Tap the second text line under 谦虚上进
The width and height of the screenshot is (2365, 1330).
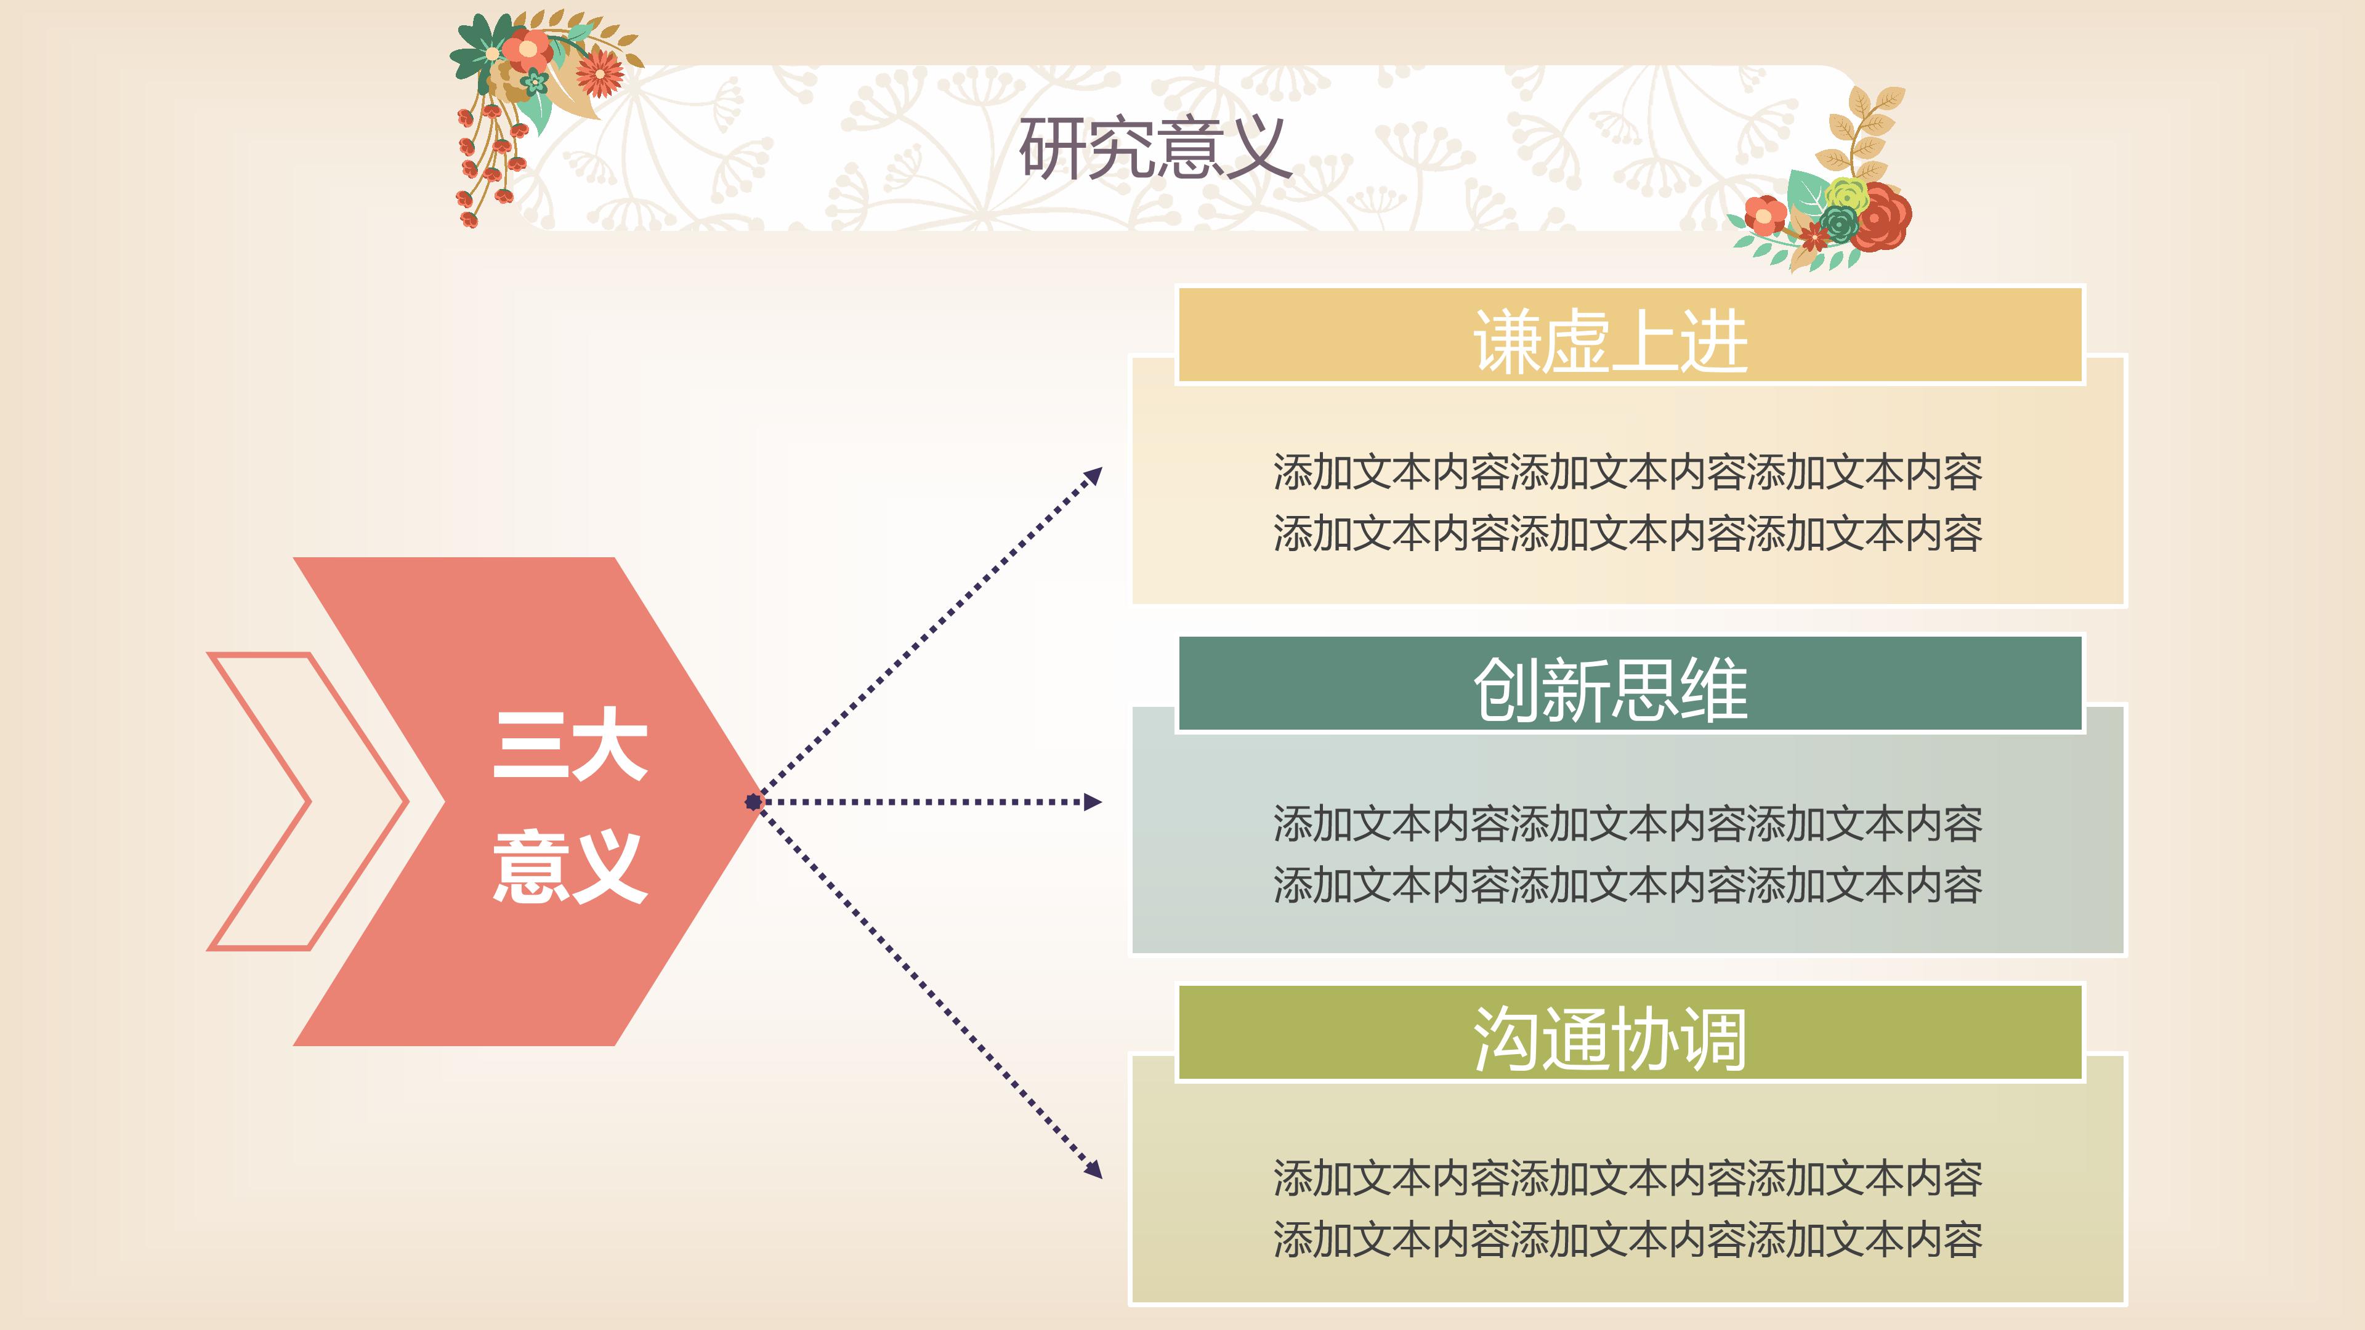point(1627,533)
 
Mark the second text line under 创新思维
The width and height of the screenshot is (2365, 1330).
point(1627,885)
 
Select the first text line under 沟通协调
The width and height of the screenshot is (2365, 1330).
point(1627,1178)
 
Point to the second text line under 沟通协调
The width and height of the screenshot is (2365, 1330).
point(1627,1239)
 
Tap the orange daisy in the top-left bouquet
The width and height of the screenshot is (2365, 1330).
point(600,73)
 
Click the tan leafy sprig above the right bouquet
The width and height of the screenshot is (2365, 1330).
point(1864,129)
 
